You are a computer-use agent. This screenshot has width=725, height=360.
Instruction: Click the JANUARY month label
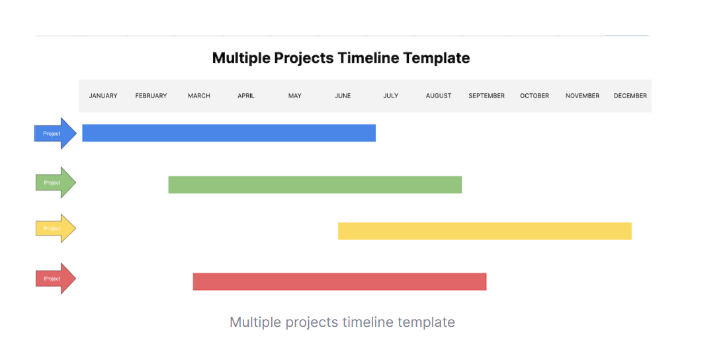[x=103, y=96]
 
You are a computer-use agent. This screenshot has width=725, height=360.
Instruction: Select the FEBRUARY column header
[x=151, y=96]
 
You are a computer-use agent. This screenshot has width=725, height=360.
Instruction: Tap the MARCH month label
[x=199, y=96]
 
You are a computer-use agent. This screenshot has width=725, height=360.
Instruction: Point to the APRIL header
[x=246, y=96]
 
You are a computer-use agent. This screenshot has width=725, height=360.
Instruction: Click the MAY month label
[x=294, y=96]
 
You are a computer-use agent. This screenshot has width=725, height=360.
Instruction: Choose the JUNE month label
[x=343, y=96]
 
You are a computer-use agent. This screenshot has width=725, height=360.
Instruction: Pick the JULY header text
[x=391, y=96]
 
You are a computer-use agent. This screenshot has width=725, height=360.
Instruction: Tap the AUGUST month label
[x=439, y=96]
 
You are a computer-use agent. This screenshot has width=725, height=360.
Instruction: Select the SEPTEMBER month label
[x=486, y=96]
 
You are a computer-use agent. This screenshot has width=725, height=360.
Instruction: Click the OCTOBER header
[x=534, y=96]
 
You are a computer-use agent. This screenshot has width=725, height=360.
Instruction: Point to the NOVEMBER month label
[x=583, y=96]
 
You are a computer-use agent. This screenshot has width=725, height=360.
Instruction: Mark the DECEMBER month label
[x=630, y=96]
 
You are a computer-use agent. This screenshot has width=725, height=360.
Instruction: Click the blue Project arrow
[x=56, y=133]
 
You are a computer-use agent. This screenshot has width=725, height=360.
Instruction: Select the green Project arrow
[x=56, y=182]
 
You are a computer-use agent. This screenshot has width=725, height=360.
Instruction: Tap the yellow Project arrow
[x=56, y=228]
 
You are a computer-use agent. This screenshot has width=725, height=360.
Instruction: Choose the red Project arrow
[x=56, y=279]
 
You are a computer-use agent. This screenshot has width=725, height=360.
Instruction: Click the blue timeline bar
[x=229, y=133]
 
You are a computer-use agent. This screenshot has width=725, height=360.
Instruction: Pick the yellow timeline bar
[x=485, y=231]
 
